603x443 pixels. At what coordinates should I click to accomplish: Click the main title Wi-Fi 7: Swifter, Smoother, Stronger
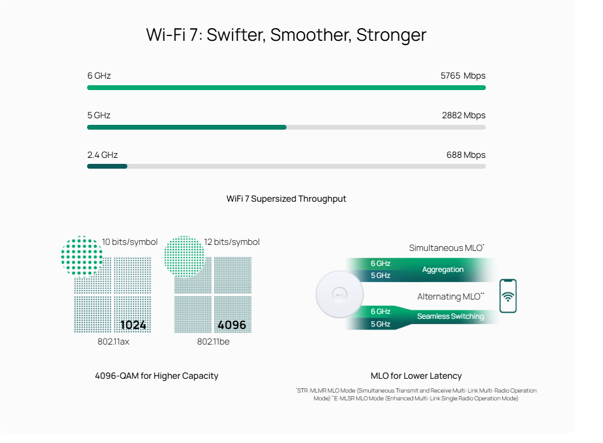pyautogui.click(x=286, y=34)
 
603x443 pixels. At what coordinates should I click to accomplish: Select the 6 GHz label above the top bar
pyautogui.click(x=99, y=76)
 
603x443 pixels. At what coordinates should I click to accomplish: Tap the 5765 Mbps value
pyautogui.click(x=462, y=76)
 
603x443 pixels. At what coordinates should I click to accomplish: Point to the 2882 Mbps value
pyautogui.click(x=463, y=115)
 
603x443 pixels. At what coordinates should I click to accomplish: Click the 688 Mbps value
pyautogui.click(x=465, y=155)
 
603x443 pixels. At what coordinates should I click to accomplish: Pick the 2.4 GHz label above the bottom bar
pyautogui.click(x=102, y=155)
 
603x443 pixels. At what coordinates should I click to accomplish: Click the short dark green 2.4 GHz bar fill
pyautogui.click(x=107, y=166)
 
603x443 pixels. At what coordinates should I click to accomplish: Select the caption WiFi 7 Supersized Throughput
pyautogui.click(x=286, y=199)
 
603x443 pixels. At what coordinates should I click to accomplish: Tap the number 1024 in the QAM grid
pyautogui.click(x=133, y=325)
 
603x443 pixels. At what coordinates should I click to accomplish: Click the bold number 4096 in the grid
pyautogui.click(x=232, y=325)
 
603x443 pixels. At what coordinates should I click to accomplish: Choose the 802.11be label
pyautogui.click(x=213, y=342)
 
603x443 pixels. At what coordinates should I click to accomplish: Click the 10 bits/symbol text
pyautogui.click(x=130, y=242)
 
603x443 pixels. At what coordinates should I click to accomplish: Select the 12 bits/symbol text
pyautogui.click(x=232, y=242)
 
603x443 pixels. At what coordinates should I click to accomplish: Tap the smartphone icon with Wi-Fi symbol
pyautogui.click(x=508, y=296)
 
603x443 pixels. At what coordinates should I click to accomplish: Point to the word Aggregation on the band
pyautogui.click(x=443, y=270)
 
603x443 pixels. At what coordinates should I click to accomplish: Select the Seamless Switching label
pyautogui.click(x=450, y=316)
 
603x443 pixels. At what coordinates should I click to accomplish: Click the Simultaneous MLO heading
pyautogui.click(x=446, y=248)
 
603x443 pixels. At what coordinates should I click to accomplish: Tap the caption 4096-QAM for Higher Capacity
pyautogui.click(x=157, y=376)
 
